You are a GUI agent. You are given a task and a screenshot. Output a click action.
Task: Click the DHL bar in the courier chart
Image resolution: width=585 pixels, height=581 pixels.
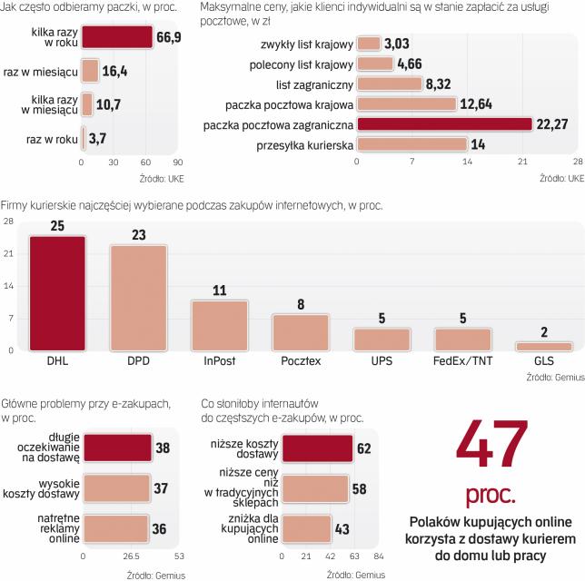(x=57, y=292)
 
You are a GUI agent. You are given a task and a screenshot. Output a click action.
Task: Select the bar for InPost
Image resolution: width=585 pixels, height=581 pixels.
(x=219, y=325)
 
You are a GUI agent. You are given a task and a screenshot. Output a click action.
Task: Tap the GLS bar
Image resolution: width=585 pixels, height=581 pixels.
(x=543, y=346)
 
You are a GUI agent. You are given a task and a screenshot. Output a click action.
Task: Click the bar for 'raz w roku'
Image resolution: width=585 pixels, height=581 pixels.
(x=84, y=138)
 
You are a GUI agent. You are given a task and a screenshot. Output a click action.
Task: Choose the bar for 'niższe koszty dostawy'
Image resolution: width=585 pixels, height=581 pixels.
(x=318, y=447)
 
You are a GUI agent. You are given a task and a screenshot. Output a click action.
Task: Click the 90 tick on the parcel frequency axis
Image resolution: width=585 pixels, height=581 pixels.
(x=178, y=163)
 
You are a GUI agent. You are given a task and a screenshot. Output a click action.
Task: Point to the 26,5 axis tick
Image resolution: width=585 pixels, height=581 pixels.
(x=132, y=556)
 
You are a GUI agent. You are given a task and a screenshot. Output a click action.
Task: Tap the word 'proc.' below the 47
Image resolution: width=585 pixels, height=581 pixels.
(x=491, y=496)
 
